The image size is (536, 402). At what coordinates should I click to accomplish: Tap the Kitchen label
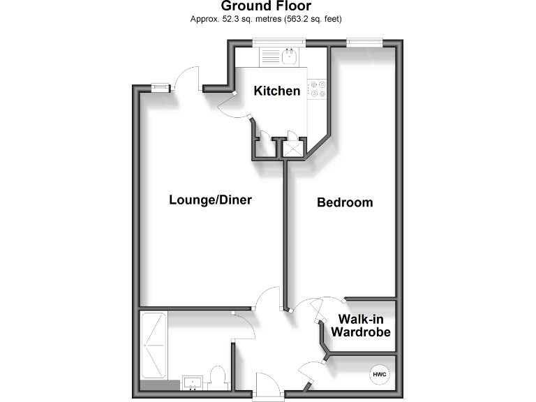pos(277,91)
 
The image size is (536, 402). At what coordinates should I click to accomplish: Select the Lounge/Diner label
pos(210,200)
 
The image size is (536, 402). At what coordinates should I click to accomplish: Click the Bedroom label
pos(345,202)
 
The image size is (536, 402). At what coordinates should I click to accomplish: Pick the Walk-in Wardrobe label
pos(360,326)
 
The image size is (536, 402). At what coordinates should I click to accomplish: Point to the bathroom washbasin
pos(191,382)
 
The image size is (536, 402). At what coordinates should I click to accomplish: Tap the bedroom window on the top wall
pos(364,43)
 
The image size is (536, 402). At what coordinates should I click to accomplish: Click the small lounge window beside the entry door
pos(161,87)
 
